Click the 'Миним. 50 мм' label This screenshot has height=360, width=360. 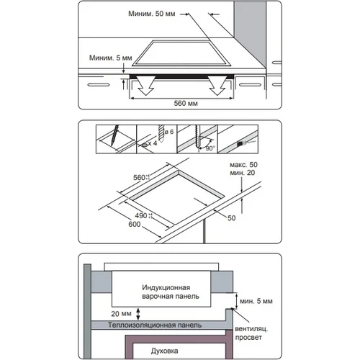152,14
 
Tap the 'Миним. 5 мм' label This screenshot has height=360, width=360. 111,58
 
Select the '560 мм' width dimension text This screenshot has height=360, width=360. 186,104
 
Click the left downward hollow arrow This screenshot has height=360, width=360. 146,86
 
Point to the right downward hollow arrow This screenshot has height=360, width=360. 217,86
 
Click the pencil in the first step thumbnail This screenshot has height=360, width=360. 115,135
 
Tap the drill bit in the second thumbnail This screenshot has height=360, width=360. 161,132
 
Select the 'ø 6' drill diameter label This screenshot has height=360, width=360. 169,132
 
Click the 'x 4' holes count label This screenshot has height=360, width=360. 153,143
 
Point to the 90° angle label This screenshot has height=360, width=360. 210,148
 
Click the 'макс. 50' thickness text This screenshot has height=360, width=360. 243,165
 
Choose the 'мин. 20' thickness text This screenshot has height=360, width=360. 243,173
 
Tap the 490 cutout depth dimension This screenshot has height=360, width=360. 141,215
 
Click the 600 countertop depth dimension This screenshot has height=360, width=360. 135,224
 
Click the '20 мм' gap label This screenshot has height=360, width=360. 121,314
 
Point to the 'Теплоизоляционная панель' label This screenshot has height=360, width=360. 155,325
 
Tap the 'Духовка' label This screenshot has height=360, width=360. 165,351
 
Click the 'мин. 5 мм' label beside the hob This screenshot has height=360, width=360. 256,301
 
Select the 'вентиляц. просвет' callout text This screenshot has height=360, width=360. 251,333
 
